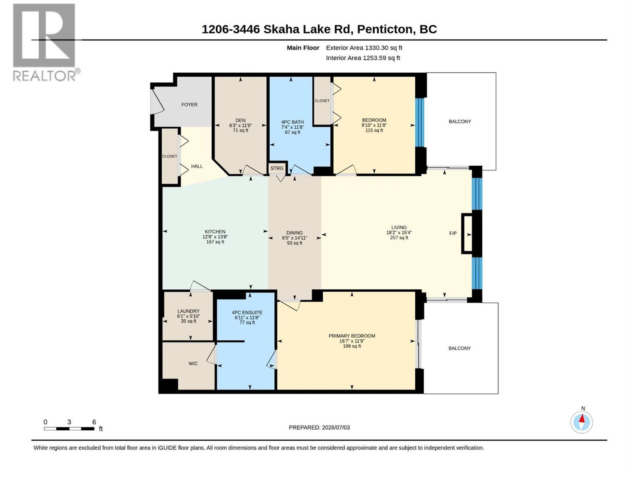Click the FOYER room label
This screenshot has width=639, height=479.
pos(189,105)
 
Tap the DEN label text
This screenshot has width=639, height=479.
pos(240,121)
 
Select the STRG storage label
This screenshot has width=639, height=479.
pos(276,168)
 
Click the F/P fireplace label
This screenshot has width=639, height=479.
pos(452,233)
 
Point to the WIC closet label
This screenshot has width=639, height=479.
pos(193,364)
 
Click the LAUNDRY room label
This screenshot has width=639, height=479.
pos(189,311)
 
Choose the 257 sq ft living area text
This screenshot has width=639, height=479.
pos(399,238)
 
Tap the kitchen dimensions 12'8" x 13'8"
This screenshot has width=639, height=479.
pos(215,237)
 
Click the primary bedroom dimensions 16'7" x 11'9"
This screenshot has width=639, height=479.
pos(352,341)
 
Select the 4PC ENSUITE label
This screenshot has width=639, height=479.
pos(247,313)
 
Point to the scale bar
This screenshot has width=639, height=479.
pos(69,429)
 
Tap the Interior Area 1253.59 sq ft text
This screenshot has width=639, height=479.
pos(363,58)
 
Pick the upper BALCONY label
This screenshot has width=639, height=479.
pos(460,122)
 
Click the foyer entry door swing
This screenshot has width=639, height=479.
pos(157,101)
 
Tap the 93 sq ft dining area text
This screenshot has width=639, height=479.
pos(294,243)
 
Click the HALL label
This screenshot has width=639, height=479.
pos(197,166)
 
